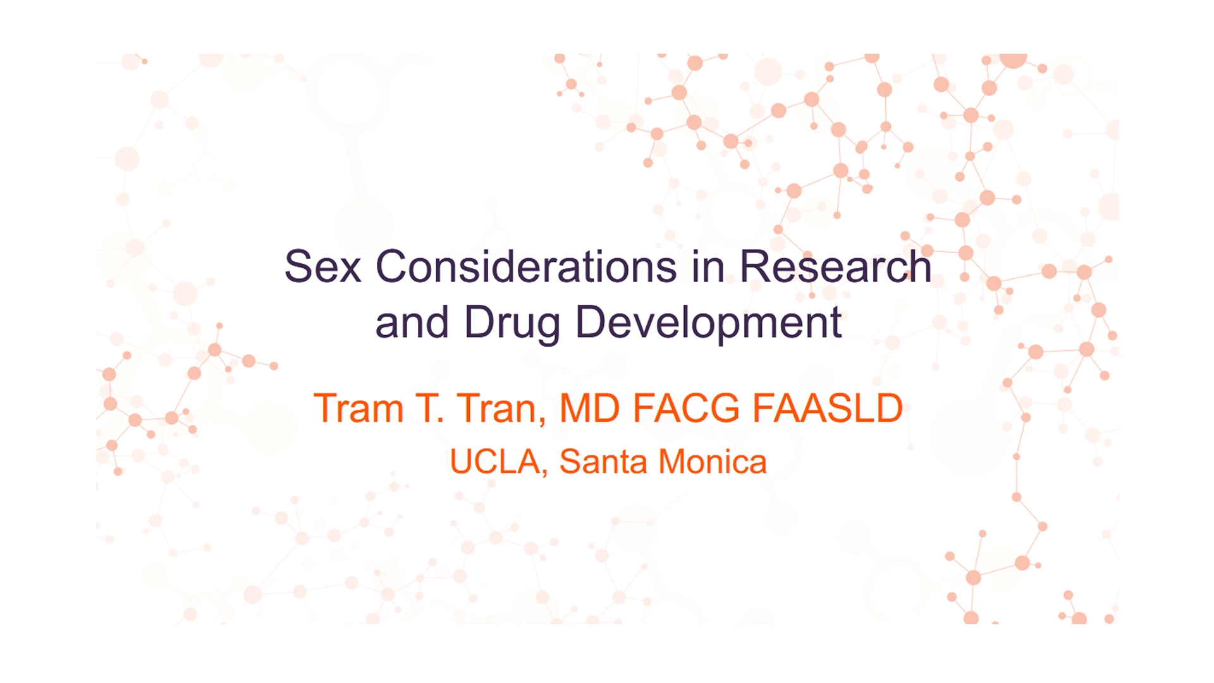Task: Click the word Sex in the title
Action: [x=322, y=266]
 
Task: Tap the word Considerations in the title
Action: [x=527, y=266]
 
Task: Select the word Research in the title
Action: [x=836, y=266]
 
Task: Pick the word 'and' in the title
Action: [x=412, y=323]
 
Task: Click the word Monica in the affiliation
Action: [x=713, y=462]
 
